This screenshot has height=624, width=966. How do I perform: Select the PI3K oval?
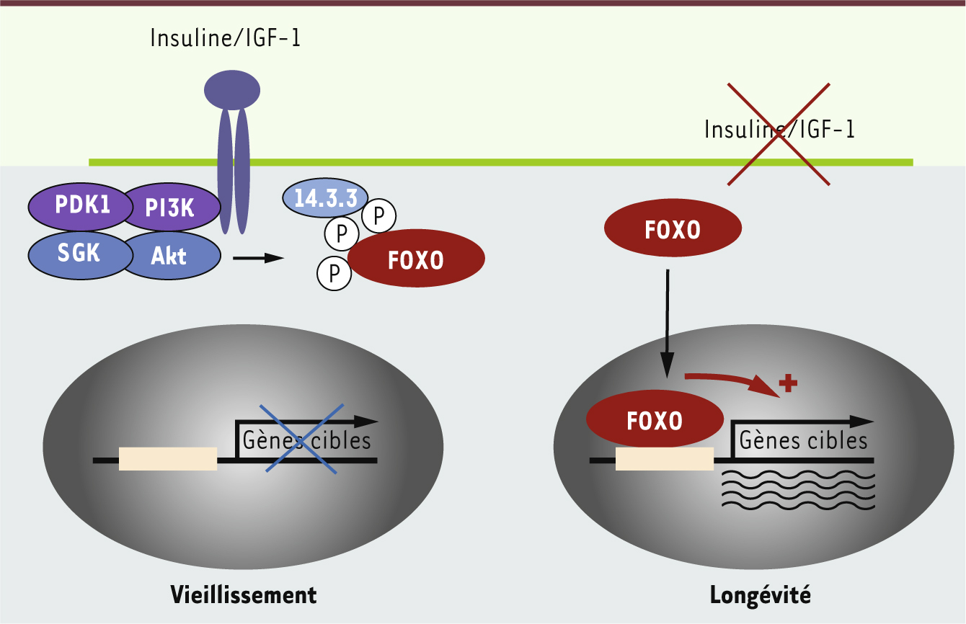[x=169, y=208]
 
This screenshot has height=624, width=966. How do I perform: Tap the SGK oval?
[x=79, y=253]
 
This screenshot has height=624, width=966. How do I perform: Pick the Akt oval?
[x=170, y=256]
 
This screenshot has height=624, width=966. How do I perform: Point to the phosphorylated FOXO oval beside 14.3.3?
[x=416, y=259]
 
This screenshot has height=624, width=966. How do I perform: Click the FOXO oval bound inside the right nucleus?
[x=655, y=420]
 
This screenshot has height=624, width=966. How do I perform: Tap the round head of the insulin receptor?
[x=232, y=90]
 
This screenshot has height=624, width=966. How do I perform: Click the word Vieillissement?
[x=244, y=595]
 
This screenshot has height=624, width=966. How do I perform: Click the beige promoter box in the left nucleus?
[x=167, y=459]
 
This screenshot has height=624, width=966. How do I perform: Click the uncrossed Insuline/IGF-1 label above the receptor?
[x=225, y=38]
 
